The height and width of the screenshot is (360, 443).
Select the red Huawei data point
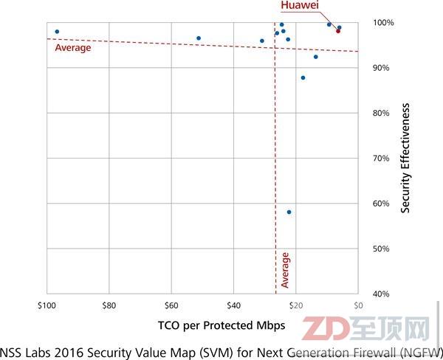pyautogui.click(x=338, y=31)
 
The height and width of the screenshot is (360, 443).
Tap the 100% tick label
pyautogui.click(x=382, y=23)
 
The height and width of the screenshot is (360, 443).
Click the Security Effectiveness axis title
pyautogui.click(x=406, y=158)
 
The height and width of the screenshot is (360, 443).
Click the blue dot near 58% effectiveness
pyautogui.click(x=289, y=212)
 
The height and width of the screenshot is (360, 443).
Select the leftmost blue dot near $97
pyautogui.click(x=57, y=32)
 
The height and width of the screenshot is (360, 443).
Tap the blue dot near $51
pyautogui.click(x=199, y=38)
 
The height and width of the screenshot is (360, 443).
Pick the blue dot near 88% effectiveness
pyautogui.click(x=303, y=77)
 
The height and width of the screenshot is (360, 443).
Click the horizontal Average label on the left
pyautogui.click(x=73, y=48)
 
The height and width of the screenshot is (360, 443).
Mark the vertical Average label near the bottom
pyautogui.click(x=286, y=270)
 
